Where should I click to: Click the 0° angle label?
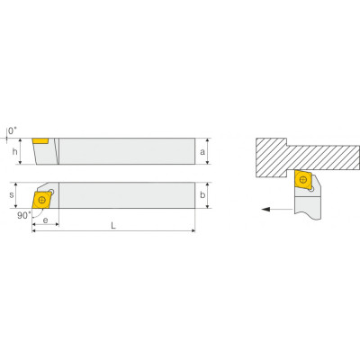pos(13,130)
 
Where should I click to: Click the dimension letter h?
pos(14,152)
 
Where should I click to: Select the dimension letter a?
pos(202,152)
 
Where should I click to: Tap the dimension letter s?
pos(12,195)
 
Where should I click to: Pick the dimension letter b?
pos(202,195)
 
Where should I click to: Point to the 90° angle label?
pos(23,215)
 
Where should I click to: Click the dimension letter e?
pos(45,220)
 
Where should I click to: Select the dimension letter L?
pos(113,226)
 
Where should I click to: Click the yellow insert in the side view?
pos(40,141)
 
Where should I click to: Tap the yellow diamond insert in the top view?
pos(41,200)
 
